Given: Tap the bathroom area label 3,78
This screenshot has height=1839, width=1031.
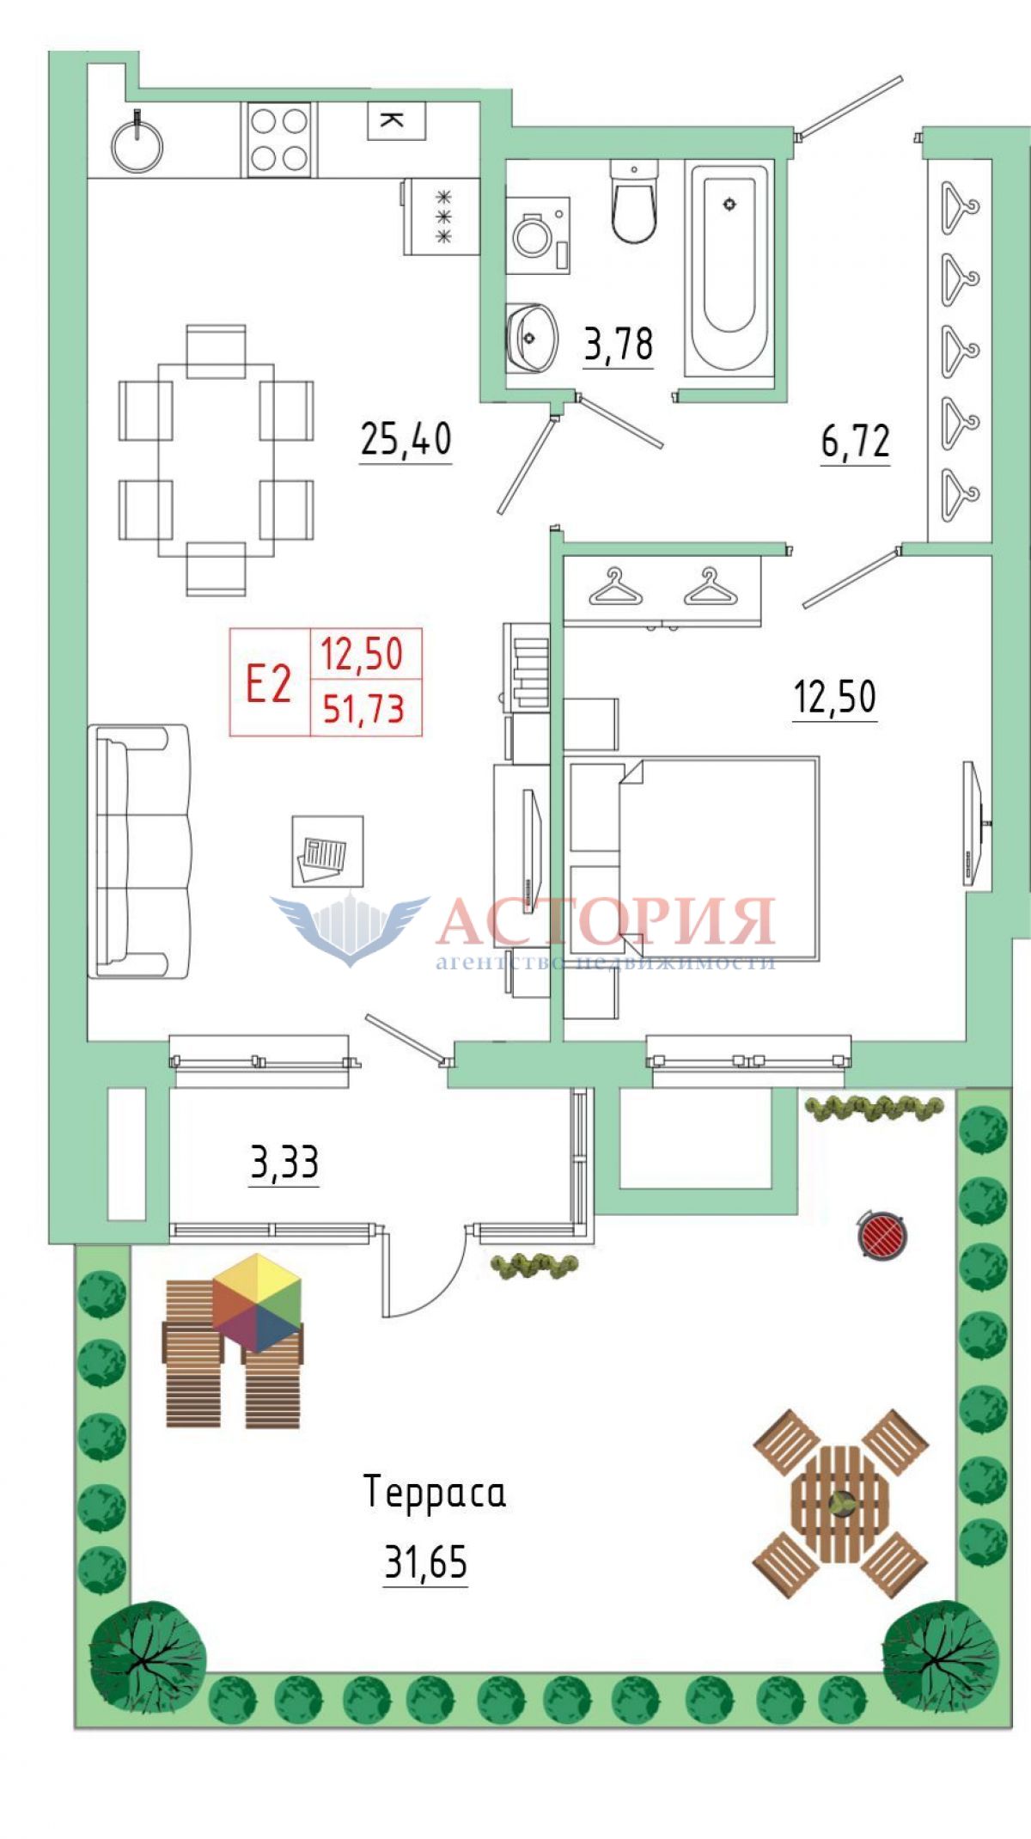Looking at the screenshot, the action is click(x=619, y=344).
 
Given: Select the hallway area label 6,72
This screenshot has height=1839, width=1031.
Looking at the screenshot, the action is click(x=856, y=441).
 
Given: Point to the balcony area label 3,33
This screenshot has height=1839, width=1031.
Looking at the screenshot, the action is click(x=284, y=1162).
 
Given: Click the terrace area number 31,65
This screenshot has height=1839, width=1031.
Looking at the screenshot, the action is click(x=426, y=1561).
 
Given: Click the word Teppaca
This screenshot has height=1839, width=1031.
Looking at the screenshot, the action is click(x=435, y=1492).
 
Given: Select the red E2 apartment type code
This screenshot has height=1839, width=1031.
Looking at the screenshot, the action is click(x=269, y=683).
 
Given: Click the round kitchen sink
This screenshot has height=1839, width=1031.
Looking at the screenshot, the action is click(x=137, y=144).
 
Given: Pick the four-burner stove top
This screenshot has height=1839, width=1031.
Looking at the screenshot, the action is click(x=278, y=138).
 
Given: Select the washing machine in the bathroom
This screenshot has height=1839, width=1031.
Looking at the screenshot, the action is click(x=538, y=235).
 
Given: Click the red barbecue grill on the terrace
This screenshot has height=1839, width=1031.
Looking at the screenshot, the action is click(x=882, y=1234).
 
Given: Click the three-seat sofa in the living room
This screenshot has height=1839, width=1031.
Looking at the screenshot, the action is click(x=139, y=851).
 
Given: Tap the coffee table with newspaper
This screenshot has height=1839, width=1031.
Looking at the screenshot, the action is click(x=327, y=851).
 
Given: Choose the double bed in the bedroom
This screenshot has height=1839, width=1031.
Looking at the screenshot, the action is click(x=692, y=858).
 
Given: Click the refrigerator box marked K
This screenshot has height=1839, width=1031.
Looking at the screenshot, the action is click(x=397, y=120).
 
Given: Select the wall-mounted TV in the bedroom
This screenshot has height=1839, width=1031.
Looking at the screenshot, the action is click(x=973, y=822).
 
